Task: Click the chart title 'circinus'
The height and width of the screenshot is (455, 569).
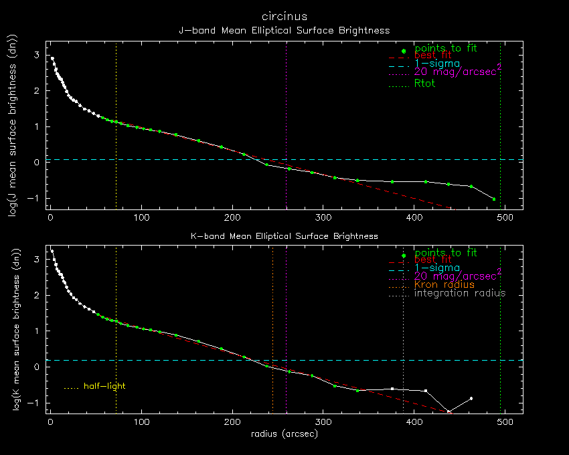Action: (284, 15)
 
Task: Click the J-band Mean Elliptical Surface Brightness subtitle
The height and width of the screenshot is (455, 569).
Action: (284, 30)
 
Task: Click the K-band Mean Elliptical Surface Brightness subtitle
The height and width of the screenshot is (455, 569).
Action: (284, 236)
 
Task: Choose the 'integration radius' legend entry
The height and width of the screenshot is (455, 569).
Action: (459, 293)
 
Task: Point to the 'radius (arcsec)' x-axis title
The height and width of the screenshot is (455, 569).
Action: (284, 434)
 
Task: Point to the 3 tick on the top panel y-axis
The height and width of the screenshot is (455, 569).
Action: (37, 54)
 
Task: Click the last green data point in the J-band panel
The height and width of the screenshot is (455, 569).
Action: (494, 199)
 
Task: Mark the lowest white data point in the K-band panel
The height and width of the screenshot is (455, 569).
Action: (449, 412)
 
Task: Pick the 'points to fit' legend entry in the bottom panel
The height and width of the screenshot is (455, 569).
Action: (445, 253)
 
